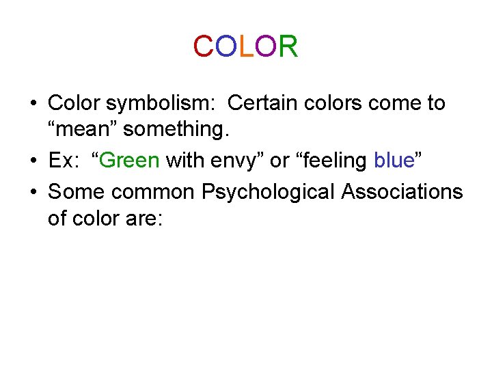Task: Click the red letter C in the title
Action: coord(203,47)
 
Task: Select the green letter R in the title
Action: coord(288,47)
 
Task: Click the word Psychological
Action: coord(268,192)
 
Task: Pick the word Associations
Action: coord(402,191)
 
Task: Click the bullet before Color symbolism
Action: coord(33,104)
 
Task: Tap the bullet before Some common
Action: coord(33,192)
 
